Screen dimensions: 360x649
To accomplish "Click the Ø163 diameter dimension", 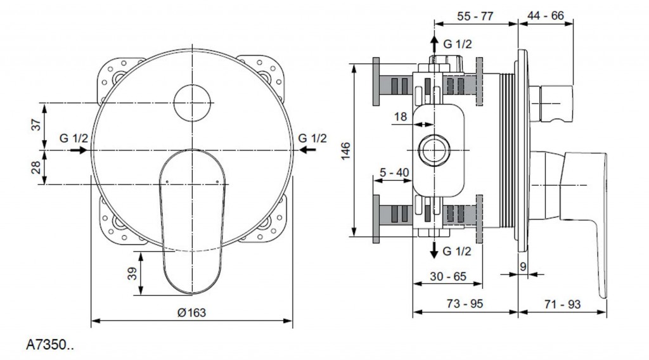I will point(192,312).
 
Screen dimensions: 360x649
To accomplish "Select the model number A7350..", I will point(49,346).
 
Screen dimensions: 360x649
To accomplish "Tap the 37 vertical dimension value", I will point(37,125).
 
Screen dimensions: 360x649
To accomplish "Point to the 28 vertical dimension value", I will point(37,167).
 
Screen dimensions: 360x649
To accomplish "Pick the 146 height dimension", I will point(345,150).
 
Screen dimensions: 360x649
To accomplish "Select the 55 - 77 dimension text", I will point(475,17).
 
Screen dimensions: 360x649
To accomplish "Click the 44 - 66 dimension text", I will point(545,17).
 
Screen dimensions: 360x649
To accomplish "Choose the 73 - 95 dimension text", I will point(465,304).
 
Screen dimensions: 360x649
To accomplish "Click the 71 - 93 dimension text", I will point(562,304).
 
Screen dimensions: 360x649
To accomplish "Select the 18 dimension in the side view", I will point(400,116).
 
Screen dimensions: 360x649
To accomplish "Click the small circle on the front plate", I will point(192,103).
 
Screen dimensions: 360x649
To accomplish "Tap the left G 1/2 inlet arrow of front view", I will point(79,150).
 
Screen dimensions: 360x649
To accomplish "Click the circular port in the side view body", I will point(434,150).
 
